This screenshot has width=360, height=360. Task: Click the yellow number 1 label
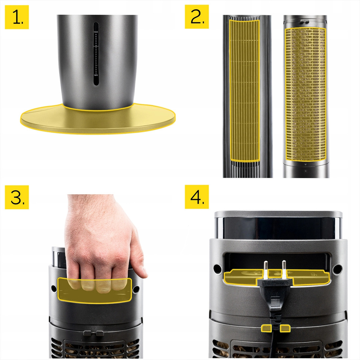tap(17, 17)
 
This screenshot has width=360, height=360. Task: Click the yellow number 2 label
tap(197, 17)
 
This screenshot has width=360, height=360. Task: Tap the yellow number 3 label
tap(17, 197)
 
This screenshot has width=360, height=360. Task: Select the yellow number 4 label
tap(197, 197)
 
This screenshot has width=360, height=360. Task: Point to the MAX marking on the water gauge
tap(96, 32)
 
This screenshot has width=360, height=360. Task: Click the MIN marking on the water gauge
tap(96, 75)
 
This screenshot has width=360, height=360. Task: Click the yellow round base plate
tap(98, 118)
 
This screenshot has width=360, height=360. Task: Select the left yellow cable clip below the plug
tap(266, 329)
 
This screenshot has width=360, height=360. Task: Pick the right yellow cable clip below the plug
tap(285, 329)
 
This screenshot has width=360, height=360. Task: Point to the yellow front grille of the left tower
tap(245, 90)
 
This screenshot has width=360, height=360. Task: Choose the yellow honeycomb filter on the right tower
tap(305, 94)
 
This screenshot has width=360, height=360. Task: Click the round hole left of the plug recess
tap(216, 267)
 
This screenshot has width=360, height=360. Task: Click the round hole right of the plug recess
tap(337, 268)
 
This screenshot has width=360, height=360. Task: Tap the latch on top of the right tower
tap(305, 21)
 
